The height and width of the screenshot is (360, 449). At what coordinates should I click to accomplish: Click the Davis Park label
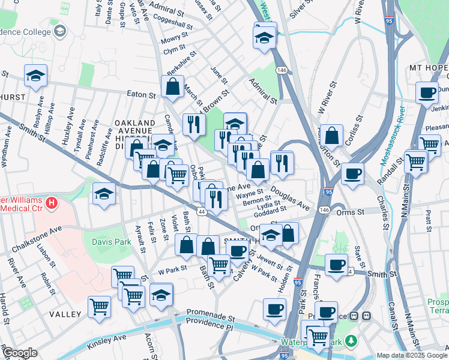click(111, 242)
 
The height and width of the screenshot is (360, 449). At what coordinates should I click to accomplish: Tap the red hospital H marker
click(52, 203)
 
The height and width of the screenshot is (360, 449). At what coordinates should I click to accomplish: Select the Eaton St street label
click(141, 94)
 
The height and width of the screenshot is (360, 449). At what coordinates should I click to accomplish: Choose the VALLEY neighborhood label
click(65, 314)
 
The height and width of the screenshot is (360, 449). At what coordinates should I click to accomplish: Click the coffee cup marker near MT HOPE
click(427, 92)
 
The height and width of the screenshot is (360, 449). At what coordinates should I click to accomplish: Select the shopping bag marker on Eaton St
click(173, 86)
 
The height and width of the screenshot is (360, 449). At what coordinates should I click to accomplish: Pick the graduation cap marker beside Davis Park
click(104, 194)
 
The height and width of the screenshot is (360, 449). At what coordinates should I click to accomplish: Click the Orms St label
click(354, 212)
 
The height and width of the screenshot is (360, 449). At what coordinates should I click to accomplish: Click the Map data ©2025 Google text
click(411, 355)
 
